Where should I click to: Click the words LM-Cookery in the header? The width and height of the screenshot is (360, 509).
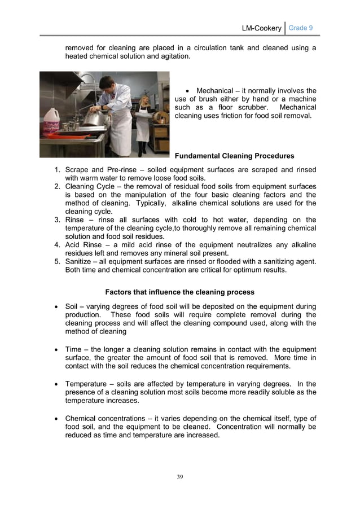(x=261, y=28)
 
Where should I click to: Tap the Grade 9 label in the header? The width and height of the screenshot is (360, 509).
(x=301, y=28)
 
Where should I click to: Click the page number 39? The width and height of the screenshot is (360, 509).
(x=179, y=477)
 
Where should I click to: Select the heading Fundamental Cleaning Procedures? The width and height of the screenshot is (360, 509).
(x=234, y=156)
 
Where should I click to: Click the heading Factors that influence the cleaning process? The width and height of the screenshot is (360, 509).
(x=179, y=292)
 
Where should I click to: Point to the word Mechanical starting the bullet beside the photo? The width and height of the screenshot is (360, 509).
(x=217, y=91)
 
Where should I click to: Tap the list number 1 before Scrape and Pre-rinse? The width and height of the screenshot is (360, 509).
(x=57, y=170)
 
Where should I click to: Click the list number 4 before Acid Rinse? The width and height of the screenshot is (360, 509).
(x=57, y=245)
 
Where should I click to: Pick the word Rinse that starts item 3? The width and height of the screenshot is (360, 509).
(x=76, y=220)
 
